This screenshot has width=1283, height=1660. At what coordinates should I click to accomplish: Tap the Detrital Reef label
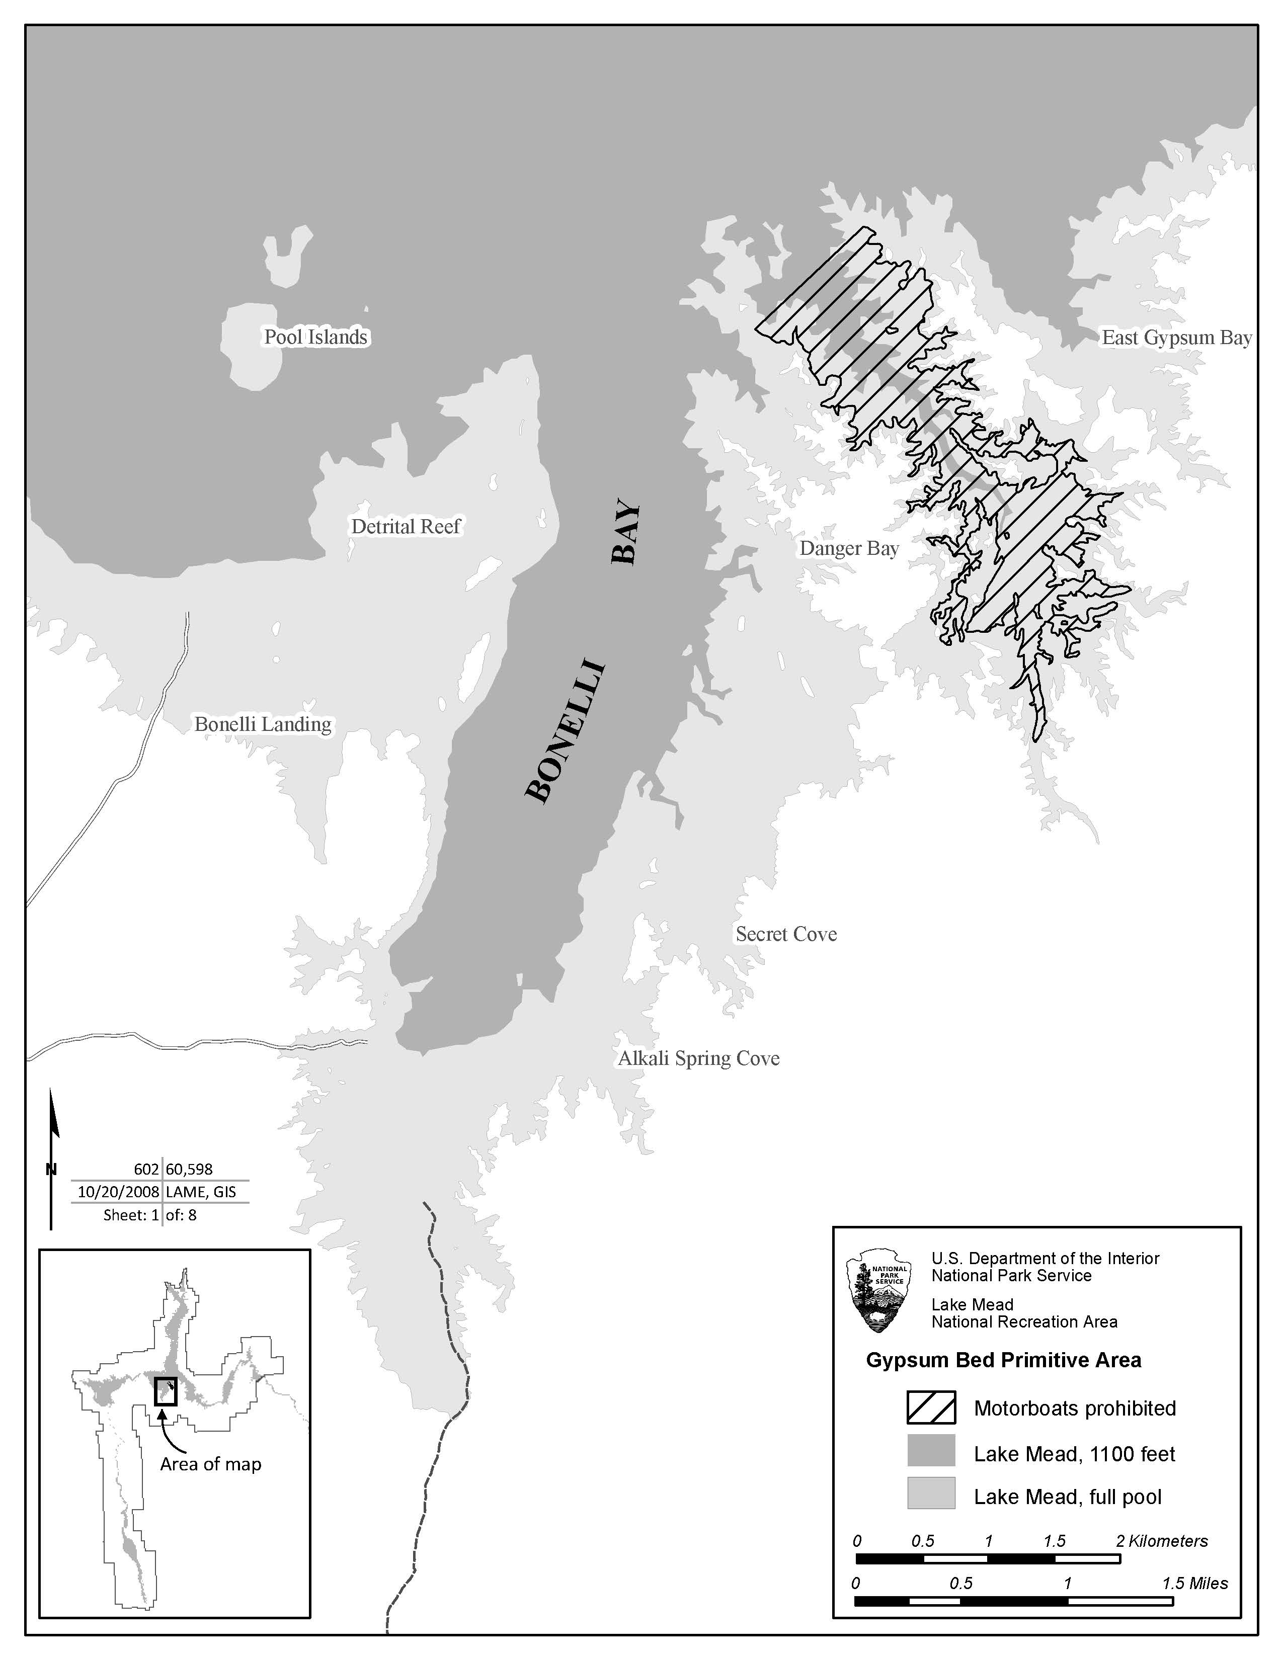tap(406, 526)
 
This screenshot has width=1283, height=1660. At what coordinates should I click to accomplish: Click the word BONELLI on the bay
tap(566, 732)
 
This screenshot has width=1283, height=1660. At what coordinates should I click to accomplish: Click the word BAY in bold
tap(627, 532)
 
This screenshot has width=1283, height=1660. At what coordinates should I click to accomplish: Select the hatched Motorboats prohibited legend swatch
tap(930, 1408)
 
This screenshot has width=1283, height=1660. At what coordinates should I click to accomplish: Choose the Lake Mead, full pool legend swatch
tap(930, 1497)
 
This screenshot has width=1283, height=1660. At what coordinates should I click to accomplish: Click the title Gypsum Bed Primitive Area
tap(1003, 1361)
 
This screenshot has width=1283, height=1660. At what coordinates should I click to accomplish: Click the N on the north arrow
tap(51, 1169)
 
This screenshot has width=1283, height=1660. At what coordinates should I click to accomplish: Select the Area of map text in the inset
tap(210, 1464)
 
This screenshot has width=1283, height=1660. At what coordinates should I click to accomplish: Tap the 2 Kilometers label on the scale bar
tap(1161, 1541)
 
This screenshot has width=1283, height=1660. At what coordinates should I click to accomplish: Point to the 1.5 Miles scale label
tap(1194, 1583)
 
